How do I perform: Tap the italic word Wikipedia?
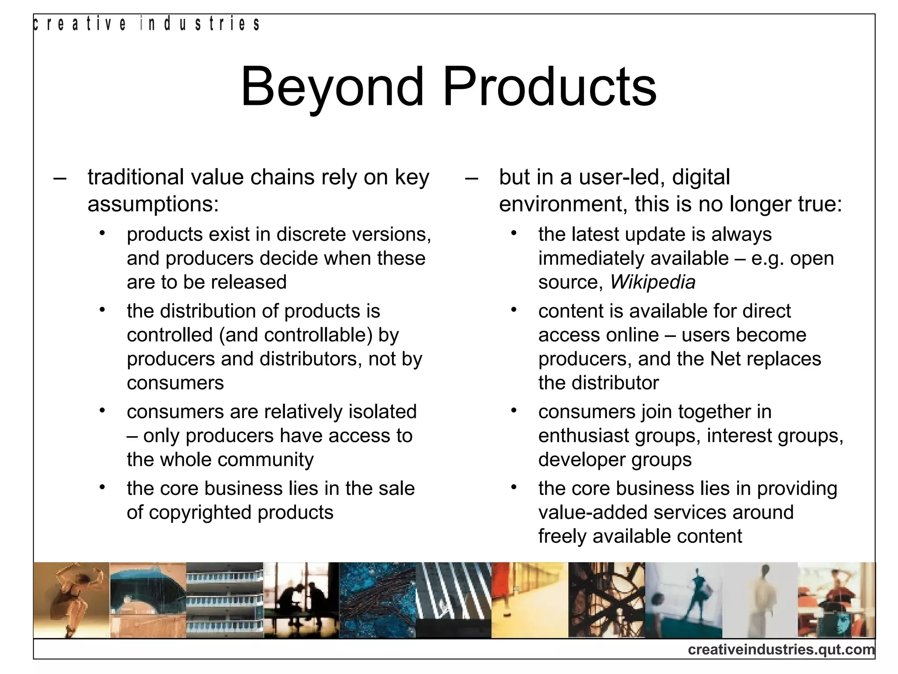coord(652,282)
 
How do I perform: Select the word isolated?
coord(382,412)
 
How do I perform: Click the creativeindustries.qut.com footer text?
coord(781,649)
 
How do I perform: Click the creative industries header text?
coord(147,24)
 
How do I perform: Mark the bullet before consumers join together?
coord(514,411)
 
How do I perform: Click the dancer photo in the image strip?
coord(71,600)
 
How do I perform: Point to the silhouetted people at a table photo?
coord(301,600)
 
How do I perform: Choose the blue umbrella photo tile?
coord(148,600)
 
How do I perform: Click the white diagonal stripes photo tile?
coord(453,600)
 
